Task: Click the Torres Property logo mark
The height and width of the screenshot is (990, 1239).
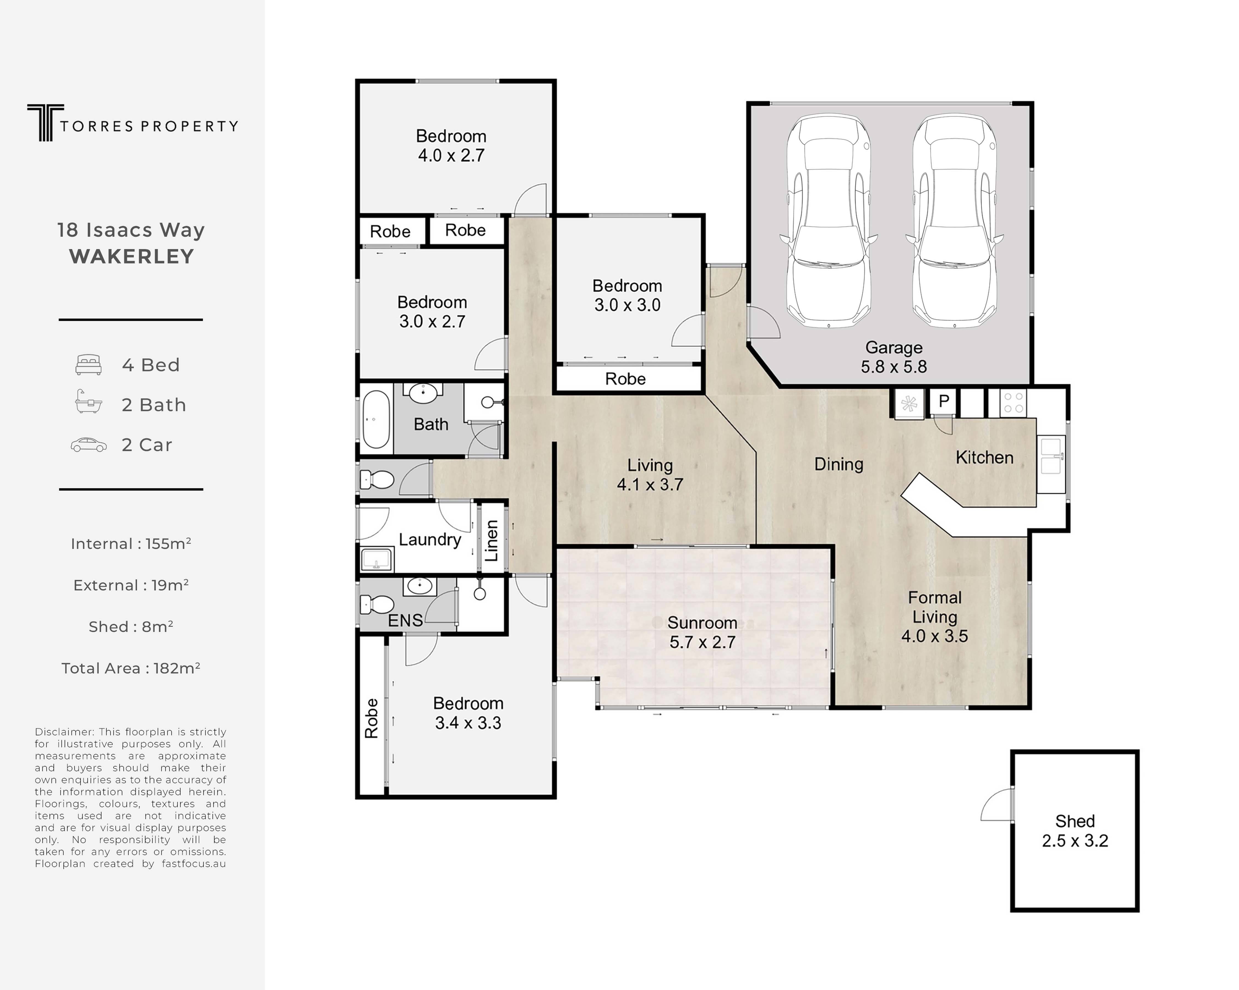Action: point(45,122)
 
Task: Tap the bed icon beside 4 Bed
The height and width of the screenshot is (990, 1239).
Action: point(89,365)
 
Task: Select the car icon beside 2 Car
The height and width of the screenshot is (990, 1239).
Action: point(89,445)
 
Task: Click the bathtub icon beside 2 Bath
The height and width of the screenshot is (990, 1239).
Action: point(89,402)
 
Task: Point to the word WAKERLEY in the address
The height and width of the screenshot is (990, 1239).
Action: point(132,257)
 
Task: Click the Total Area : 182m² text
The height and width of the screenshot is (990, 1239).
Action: point(131,668)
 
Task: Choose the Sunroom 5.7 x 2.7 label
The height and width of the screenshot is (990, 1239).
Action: point(702,632)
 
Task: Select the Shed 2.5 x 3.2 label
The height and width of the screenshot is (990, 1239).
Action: point(1075,831)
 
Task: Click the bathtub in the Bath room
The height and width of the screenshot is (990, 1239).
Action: point(376,420)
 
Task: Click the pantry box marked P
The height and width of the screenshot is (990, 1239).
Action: point(943,402)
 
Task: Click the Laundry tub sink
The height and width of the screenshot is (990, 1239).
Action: point(376,559)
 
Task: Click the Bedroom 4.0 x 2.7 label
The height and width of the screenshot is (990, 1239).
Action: point(451,146)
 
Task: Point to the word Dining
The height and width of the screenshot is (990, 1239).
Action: point(838,464)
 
